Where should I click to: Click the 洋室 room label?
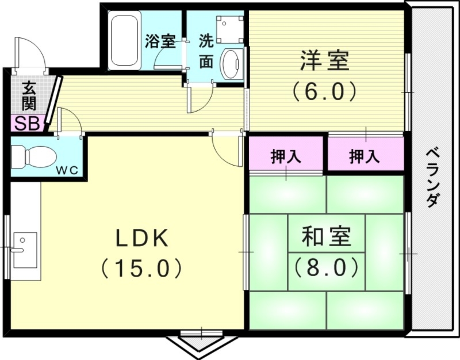point(324,61)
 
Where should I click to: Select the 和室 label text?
point(326,238)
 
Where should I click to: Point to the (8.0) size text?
point(326,266)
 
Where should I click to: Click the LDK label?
point(142,238)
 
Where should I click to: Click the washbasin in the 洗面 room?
point(232,63)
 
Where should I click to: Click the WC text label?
point(69,170)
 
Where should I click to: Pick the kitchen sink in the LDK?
point(24,250)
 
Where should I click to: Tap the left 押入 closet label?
point(286,156)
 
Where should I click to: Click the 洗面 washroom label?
point(205,51)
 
